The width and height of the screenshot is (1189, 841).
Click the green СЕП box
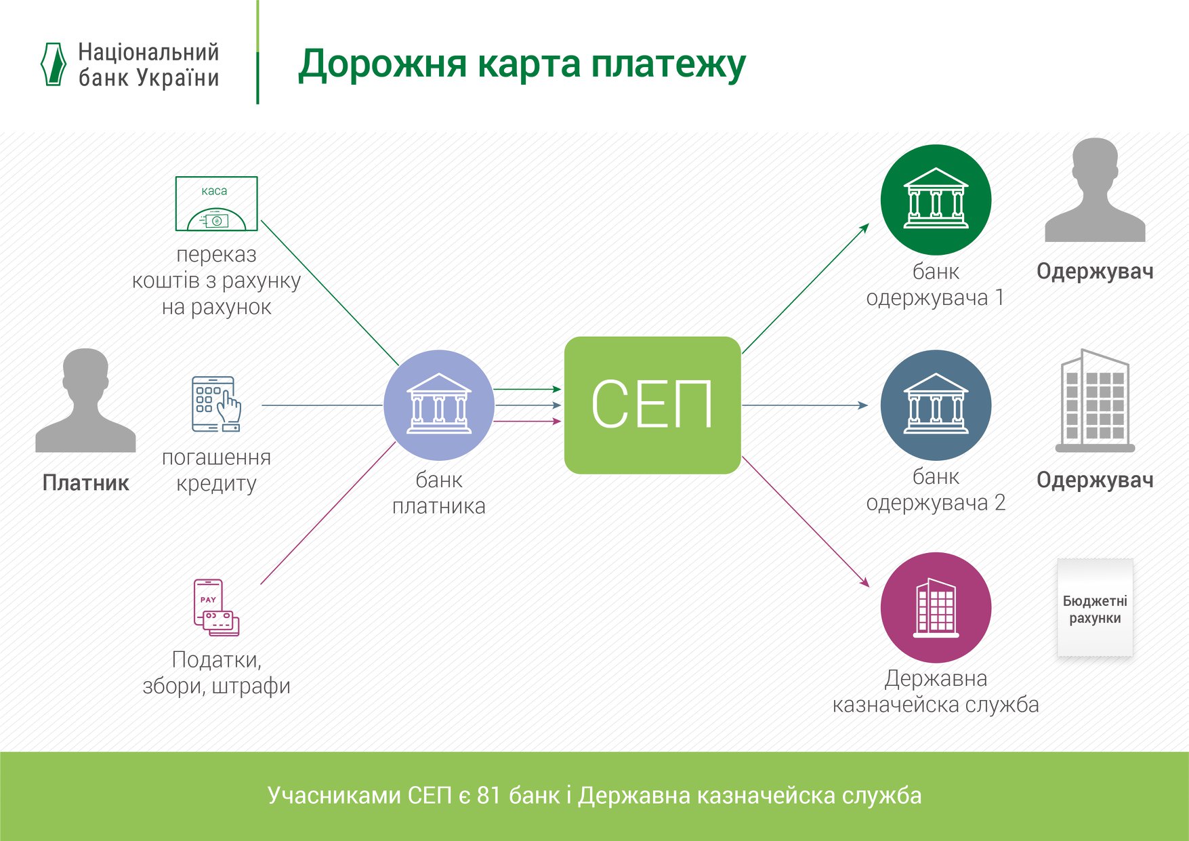[x=652, y=405]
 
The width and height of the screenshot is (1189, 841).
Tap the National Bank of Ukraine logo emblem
[x=54, y=64]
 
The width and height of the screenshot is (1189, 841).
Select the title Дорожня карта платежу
[x=522, y=64]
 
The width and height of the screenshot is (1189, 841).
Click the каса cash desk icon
[x=216, y=203]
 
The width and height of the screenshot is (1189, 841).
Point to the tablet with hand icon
[x=216, y=405]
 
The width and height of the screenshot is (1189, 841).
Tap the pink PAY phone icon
[x=216, y=607]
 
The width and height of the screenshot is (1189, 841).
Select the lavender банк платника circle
[x=438, y=405]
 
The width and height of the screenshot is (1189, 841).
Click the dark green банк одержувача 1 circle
[x=936, y=200]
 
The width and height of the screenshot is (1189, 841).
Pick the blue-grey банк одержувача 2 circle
[x=936, y=405]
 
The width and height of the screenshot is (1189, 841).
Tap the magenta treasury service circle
[x=936, y=607]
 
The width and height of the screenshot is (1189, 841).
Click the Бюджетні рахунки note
[x=1095, y=609]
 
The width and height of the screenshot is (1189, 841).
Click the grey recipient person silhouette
[x=1095, y=191]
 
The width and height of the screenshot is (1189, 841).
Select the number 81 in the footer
[x=489, y=795]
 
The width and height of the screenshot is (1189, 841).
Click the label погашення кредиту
[x=216, y=470]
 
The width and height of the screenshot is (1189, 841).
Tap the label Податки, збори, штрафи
[x=216, y=672]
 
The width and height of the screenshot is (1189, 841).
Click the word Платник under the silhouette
[x=85, y=483]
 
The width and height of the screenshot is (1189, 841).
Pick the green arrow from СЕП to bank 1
[x=806, y=289]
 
